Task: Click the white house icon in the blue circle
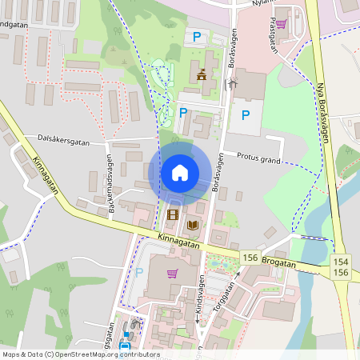click(180, 172)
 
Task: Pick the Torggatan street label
click(226, 294)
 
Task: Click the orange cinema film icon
click(172, 214)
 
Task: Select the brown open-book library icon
click(192, 226)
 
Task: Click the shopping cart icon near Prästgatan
click(280, 23)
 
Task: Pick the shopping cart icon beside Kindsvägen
click(172, 273)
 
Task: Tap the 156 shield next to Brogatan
click(251, 258)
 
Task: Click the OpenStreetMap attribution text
click(80, 354)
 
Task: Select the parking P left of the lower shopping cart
click(139, 272)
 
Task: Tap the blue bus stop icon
click(125, 336)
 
